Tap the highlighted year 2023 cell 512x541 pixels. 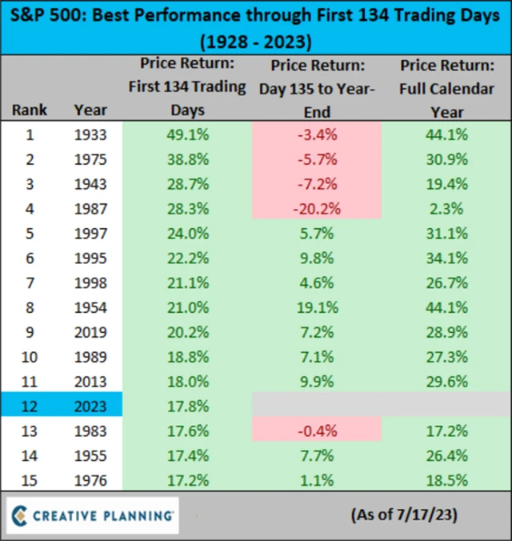90,405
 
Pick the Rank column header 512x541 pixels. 30,110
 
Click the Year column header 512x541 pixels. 90,110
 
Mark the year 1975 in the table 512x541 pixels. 90,159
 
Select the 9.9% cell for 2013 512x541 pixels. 316,380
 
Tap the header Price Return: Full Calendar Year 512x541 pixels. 448,88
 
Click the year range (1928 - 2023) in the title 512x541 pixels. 256,40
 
